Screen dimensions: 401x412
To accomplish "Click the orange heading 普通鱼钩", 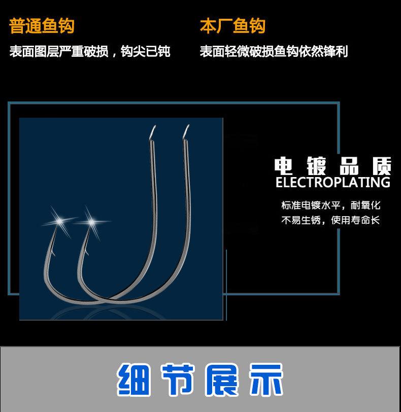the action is click(42, 26).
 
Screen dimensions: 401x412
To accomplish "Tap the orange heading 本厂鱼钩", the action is click(232, 26).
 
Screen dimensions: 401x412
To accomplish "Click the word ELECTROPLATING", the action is click(333, 183).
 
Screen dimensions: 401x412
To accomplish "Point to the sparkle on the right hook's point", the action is click(92, 221).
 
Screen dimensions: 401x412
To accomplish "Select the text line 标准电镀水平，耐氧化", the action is click(330, 205).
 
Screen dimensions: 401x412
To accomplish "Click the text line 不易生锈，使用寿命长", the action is click(330, 221).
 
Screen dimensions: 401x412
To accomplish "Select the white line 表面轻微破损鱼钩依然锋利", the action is click(274, 52).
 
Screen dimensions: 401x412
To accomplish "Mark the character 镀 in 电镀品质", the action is click(318, 165).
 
